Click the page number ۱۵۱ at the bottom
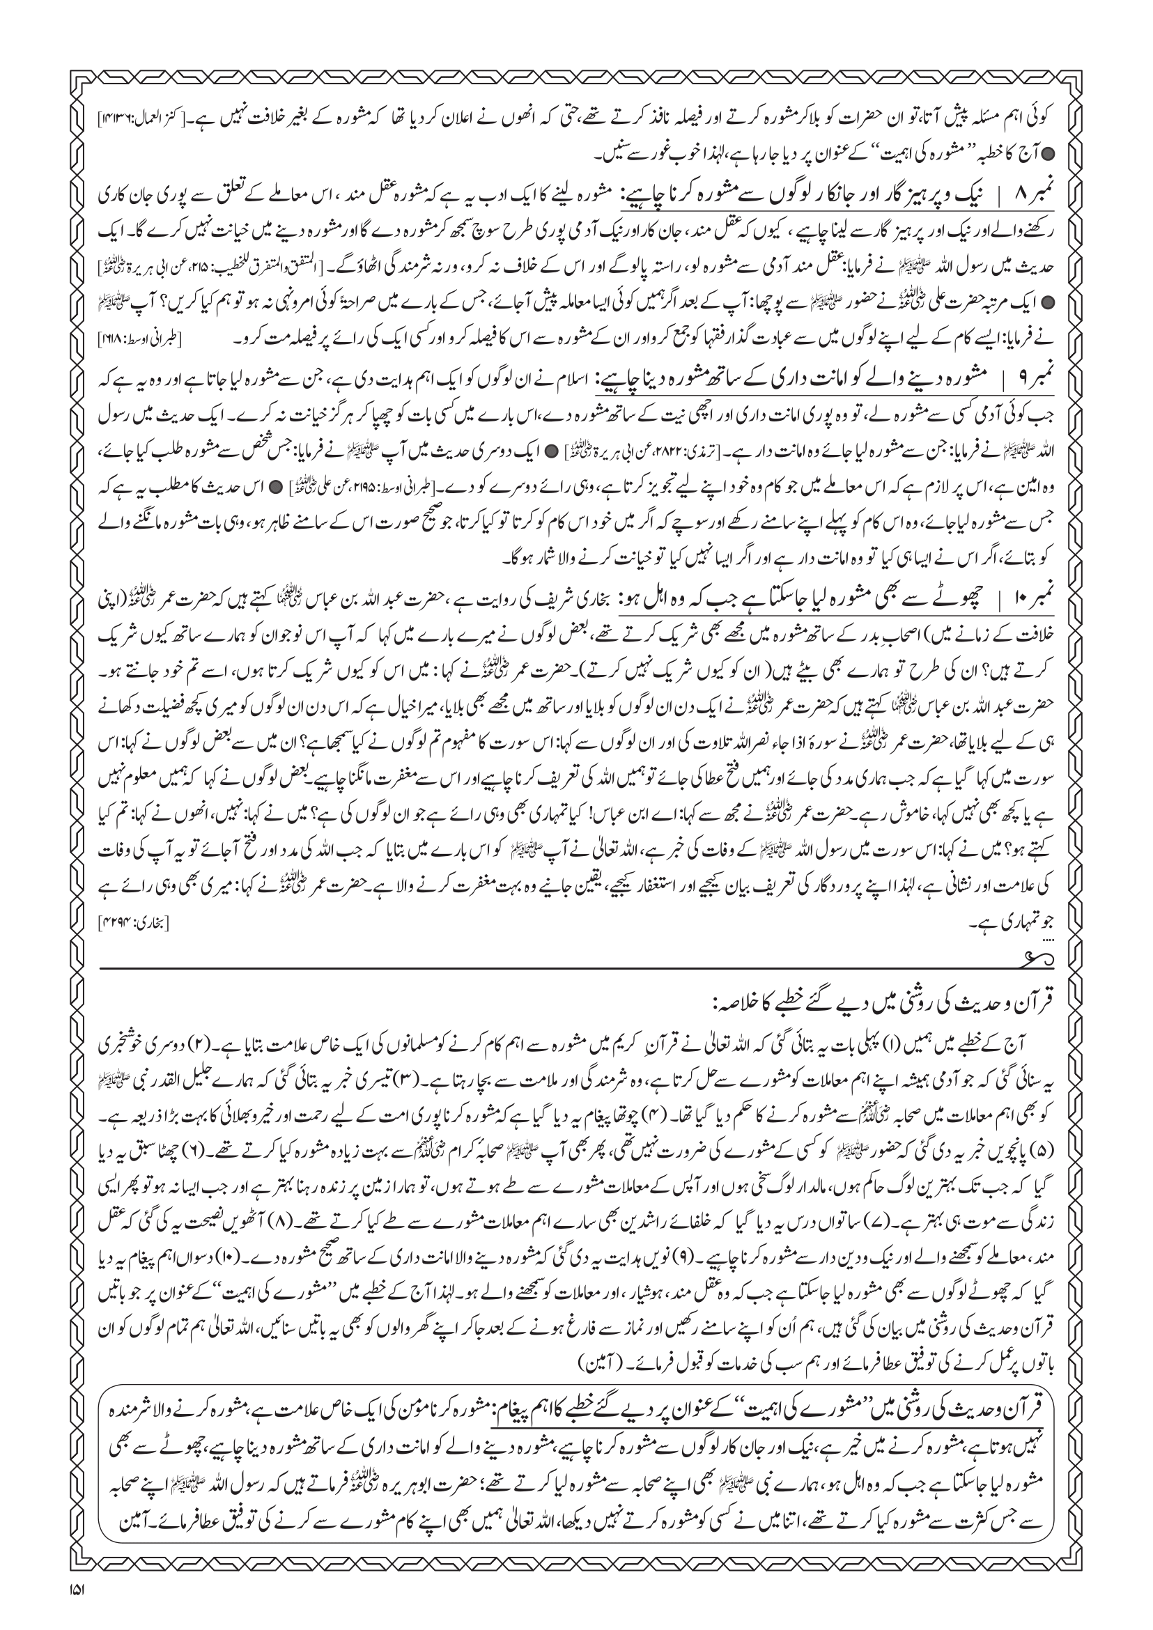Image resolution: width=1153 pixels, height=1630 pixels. click(77, 1608)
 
